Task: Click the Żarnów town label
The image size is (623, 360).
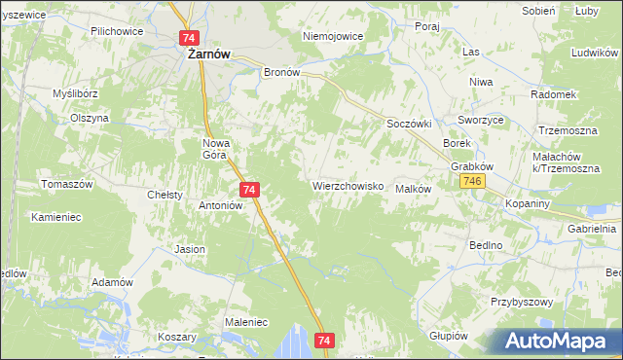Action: (x=208, y=55)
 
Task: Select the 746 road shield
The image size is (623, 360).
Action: (x=474, y=182)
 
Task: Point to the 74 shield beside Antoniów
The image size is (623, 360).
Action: (x=250, y=190)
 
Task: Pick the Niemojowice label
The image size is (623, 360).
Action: (x=333, y=36)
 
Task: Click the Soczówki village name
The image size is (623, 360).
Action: (x=410, y=125)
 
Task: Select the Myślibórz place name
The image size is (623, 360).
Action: (x=78, y=93)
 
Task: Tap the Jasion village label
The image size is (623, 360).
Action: (x=190, y=249)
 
